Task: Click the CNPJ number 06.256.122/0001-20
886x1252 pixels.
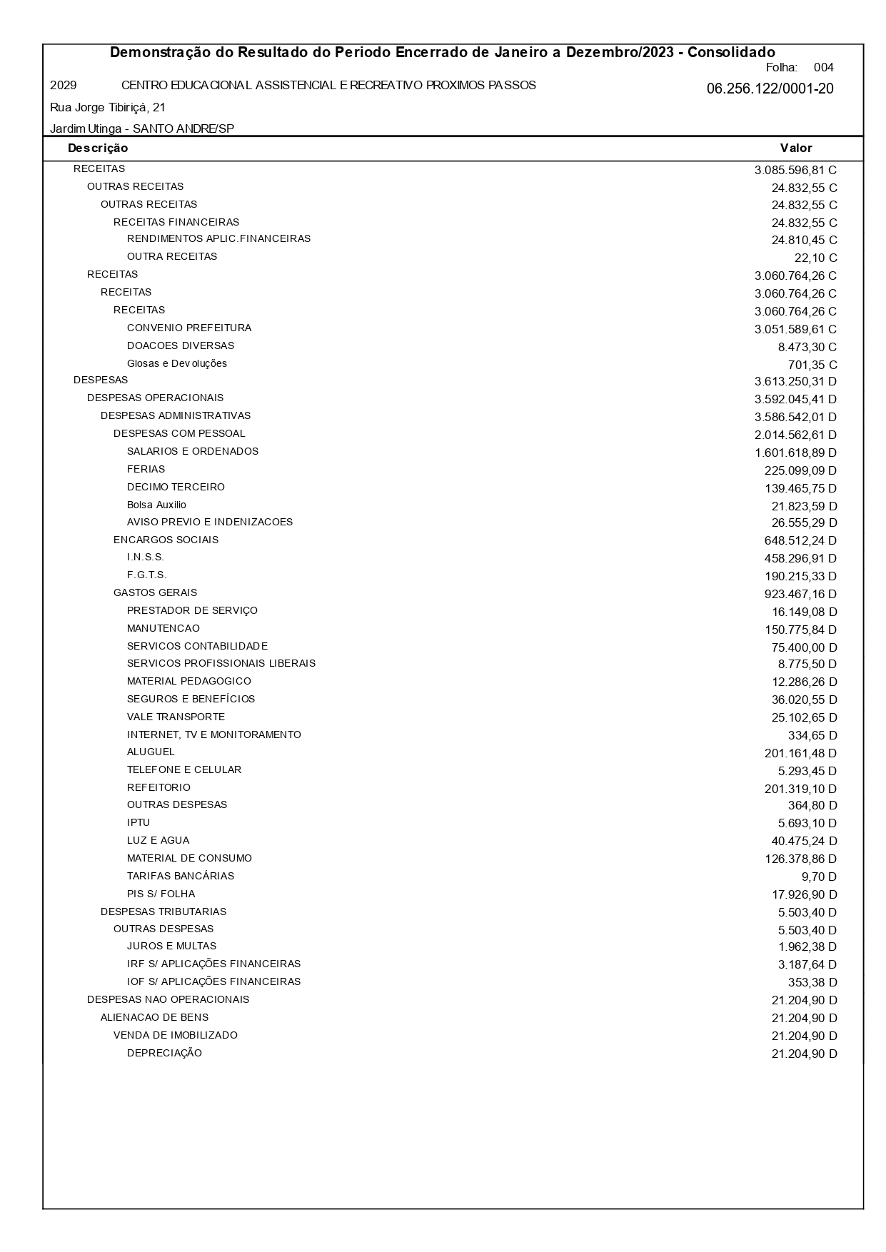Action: pos(770,89)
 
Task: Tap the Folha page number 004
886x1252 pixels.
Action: pos(823,68)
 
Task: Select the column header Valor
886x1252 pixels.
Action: pos(796,148)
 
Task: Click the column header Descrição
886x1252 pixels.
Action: pos(98,148)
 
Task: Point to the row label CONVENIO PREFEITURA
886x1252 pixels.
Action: pos(189,328)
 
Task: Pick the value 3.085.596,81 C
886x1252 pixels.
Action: pos(795,171)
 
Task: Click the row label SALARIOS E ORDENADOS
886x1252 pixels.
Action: pos(193,452)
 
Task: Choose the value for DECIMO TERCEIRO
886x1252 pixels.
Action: pos(800,488)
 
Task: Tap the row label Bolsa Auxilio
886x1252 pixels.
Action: pos(156,505)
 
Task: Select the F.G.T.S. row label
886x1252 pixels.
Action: pos(146,575)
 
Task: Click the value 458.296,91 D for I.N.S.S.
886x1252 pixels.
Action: pos(800,558)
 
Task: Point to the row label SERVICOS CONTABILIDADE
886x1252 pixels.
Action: pos(197,646)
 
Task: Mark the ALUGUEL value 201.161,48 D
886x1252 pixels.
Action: pos(800,753)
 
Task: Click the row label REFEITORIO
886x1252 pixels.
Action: pos(158,788)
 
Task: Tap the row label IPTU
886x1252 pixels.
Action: pos(139,823)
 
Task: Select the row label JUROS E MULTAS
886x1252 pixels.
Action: pos(171,946)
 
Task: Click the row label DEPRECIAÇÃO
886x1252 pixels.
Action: pos(164,1054)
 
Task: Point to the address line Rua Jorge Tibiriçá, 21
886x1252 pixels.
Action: pos(108,108)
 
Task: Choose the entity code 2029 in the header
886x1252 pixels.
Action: pos(64,86)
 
